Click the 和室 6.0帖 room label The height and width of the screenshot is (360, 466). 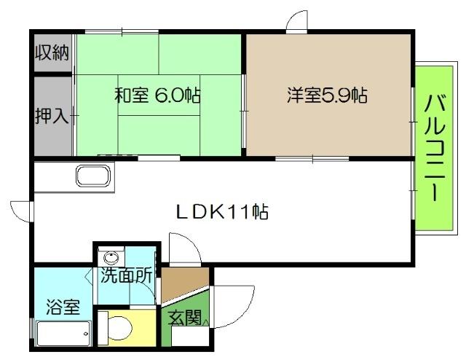click(157, 95)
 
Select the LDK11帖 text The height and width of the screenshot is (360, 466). click(222, 212)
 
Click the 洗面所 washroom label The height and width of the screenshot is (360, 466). click(127, 276)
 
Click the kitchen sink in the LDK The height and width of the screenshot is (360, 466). click(95, 177)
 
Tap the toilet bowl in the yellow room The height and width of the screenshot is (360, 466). click(116, 329)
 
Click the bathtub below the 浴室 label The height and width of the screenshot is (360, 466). click(64, 336)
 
